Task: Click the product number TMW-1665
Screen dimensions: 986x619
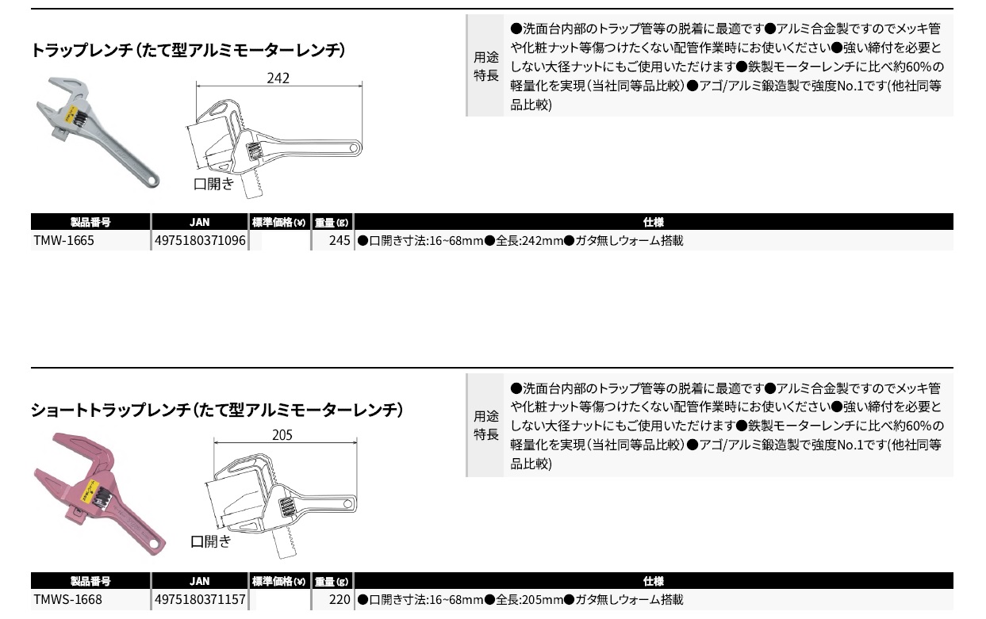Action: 63,240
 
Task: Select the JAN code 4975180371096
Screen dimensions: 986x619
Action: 200,240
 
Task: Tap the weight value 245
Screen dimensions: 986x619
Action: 340,240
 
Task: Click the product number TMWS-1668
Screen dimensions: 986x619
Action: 67,599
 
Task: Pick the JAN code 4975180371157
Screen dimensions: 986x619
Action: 200,599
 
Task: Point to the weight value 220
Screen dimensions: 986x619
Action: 340,599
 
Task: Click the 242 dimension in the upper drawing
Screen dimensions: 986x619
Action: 278,78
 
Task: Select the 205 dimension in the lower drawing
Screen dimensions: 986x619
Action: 282,434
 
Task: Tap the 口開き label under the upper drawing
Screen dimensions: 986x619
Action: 213,183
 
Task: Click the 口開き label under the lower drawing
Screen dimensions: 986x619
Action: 210,541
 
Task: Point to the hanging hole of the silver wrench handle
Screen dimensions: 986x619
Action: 152,181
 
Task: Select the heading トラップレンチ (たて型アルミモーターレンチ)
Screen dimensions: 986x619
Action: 188,50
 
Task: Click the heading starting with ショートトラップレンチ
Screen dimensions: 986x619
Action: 217,410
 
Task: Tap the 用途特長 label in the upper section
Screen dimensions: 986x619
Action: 486,66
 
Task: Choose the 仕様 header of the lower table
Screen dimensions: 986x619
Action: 653,581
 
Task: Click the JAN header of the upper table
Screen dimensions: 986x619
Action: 199,222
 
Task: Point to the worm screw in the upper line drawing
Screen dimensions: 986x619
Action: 253,151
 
